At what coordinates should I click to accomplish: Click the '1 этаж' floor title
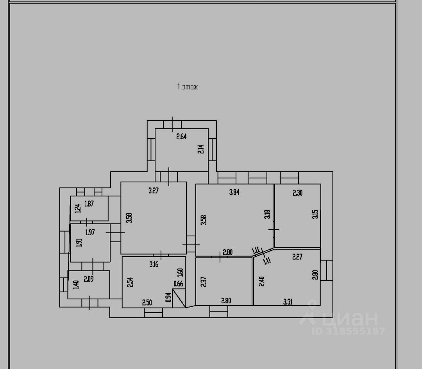click(188, 86)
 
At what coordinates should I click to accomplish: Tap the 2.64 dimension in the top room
click(182, 137)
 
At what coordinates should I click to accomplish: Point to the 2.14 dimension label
click(201, 149)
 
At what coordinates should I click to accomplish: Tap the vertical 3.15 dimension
click(316, 215)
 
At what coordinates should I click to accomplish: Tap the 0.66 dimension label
click(178, 284)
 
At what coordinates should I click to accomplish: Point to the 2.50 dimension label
click(147, 302)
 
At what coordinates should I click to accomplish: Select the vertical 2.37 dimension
click(203, 282)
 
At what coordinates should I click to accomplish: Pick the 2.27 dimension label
click(298, 257)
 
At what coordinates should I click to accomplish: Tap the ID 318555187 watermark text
click(349, 331)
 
